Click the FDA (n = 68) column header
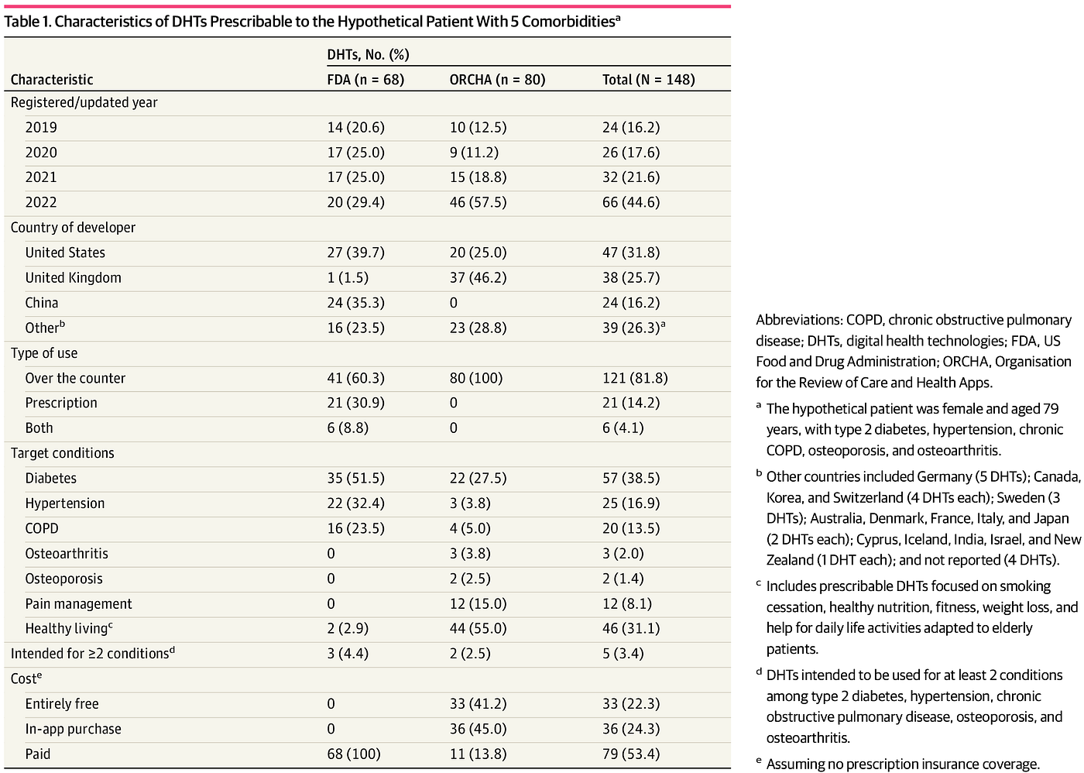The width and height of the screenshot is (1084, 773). (365, 79)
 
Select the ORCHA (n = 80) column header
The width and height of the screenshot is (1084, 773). (497, 79)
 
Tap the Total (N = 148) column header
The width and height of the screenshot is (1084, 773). (649, 79)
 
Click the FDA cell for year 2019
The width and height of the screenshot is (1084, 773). (355, 127)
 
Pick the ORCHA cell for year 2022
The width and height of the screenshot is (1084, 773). (479, 202)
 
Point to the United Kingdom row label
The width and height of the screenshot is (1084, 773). (73, 278)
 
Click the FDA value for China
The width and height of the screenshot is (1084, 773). (355, 303)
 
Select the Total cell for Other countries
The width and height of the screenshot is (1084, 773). (633, 328)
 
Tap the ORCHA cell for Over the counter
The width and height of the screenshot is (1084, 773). (476, 378)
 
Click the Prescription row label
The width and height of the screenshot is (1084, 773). (61, 404)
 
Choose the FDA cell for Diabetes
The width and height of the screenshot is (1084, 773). (355, 478)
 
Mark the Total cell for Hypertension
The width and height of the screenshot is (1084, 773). (631, 503)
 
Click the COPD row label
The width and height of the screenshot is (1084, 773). (42, 528)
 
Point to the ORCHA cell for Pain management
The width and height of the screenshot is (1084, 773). (479, 604)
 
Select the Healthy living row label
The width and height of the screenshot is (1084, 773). (69, 628)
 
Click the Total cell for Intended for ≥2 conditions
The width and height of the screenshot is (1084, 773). (623, 654)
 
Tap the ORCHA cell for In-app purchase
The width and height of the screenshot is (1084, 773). (479, 729)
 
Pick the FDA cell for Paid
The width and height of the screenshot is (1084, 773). (354, 754)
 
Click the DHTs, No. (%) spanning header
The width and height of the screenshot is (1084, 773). (368, 55)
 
